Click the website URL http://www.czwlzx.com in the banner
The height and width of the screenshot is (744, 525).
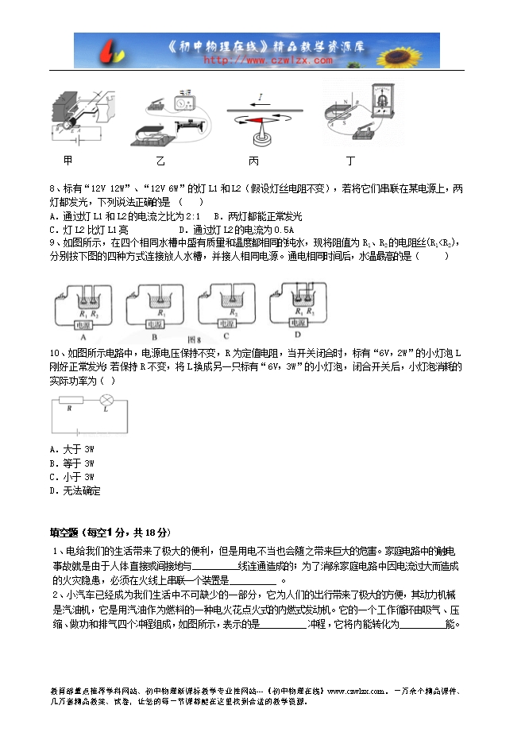pyautogui.click(x=268, y=60)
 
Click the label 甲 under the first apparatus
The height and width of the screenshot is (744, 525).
pyautogui.click(x=68, y=161)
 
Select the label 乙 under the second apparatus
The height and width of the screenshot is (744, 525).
pyautogui.click(x=160, y=161)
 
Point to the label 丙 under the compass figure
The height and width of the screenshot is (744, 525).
pyautogui.click(x=254, y=161)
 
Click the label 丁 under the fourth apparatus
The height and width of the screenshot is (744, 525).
pyautogui.click(x=350, y=161)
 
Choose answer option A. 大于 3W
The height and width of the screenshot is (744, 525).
pyautogui.click(x=71, y=449)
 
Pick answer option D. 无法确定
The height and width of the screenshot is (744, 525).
pyautogui.click(x=75, y=490)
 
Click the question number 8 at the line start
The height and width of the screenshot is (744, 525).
pyautogui.click(x=52, y=189)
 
